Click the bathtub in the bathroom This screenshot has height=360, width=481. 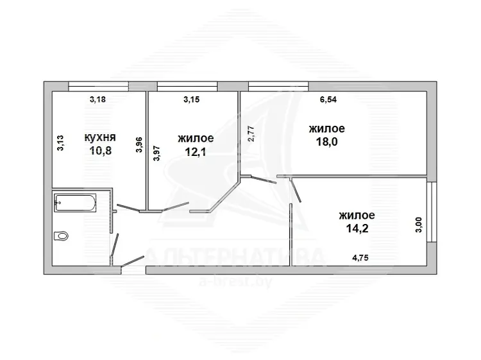[x=75, y=203]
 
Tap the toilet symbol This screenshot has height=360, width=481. [x=61, y=236]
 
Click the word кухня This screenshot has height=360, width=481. [x=100, y=137]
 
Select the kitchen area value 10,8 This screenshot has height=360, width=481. [x=100, y=151]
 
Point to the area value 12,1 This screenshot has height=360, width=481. [x=196, y=152]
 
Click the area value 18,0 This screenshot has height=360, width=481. [x=326, y=142]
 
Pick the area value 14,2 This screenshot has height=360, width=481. [x=357, y=228]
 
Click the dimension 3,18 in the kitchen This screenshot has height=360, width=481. [x=97, y=99]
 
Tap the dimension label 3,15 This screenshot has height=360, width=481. [x=191, y=99]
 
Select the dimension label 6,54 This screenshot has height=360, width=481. [x=328, y=99]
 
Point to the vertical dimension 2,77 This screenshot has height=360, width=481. [x=251, y=134]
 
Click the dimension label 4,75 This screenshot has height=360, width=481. [x=360, y=258]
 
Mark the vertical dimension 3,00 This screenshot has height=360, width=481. [x=419, y=225]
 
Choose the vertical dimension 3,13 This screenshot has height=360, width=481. [x=60, y=143]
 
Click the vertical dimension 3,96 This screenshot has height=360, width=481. [x=139, y=145]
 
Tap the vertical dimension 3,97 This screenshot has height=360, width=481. [x=156, y=153]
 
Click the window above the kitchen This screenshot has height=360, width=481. [x=98, y=86]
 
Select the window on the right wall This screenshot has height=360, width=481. [x=432, y=212]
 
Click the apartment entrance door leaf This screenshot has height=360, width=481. [x=133, y=261]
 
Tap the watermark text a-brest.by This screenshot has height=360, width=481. [x=235, y=282]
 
